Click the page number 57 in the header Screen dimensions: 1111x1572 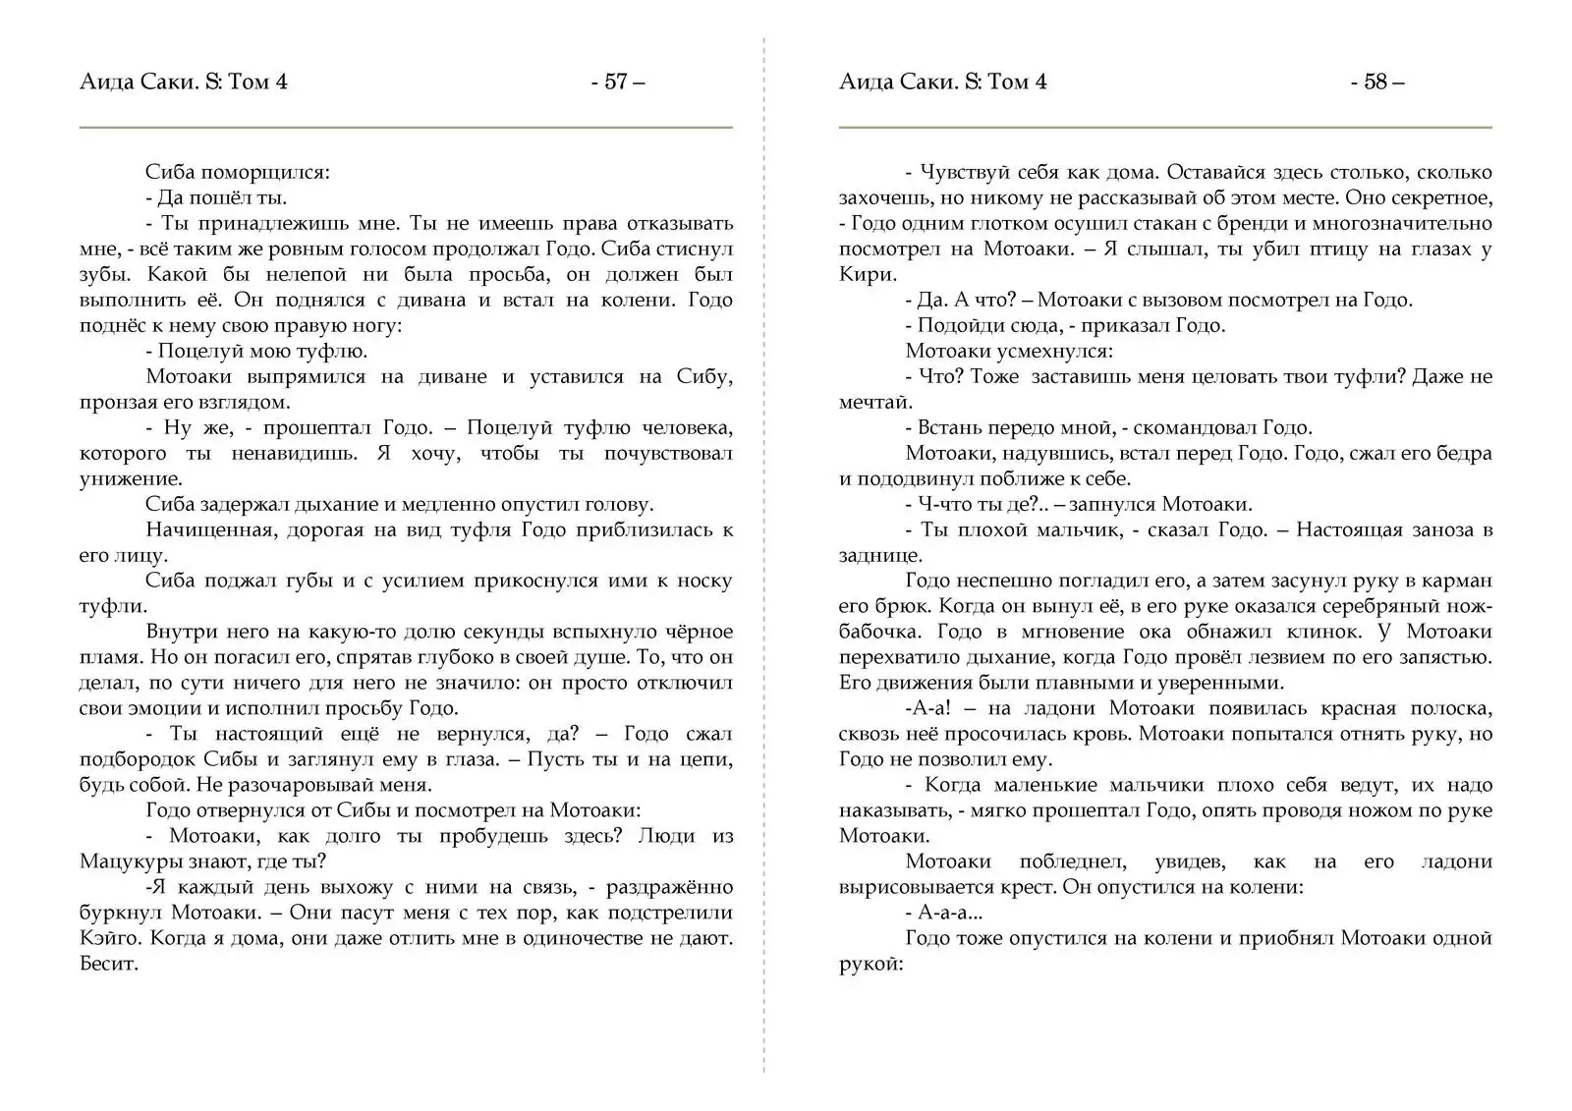click(616, 83)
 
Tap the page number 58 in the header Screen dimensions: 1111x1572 click(1375, 83)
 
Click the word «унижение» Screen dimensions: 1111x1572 click(131, 478)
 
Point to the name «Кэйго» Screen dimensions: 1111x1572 click(109, 938)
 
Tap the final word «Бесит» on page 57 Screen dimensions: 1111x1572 click(108, 964)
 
